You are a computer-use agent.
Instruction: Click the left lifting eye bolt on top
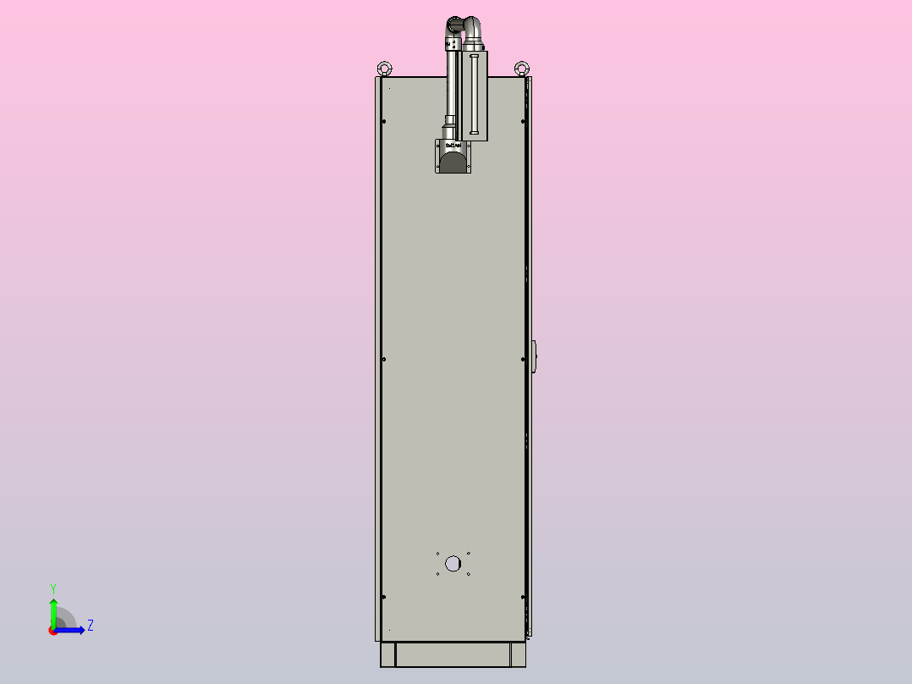[x=385, y=67]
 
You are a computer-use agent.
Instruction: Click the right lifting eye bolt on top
[x=521, y=67]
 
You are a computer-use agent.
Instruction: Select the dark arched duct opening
[x=453, y=163]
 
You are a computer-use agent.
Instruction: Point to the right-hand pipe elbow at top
[x=472, y=30]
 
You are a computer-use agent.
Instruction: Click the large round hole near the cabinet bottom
[x=453, y=563]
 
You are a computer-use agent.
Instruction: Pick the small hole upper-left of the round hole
[x=437, y=554]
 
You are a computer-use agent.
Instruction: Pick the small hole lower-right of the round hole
[x=469, y=574]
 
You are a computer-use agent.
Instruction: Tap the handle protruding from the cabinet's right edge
[x=534, y=356]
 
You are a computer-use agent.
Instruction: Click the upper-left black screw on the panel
[x=384, y=121]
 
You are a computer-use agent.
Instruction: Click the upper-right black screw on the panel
[x=523, y=121]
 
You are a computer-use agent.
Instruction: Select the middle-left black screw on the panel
[x=384, y=359]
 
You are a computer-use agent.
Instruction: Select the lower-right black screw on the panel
[x=523, y=597]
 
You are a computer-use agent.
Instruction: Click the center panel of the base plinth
[x=453, y=654]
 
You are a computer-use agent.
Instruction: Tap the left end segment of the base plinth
[x=387, y=654]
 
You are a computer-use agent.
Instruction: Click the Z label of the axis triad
[x=91, y=626]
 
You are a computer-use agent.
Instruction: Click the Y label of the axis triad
[x=52, y=587]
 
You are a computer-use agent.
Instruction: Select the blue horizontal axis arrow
[x=71, y=630]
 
